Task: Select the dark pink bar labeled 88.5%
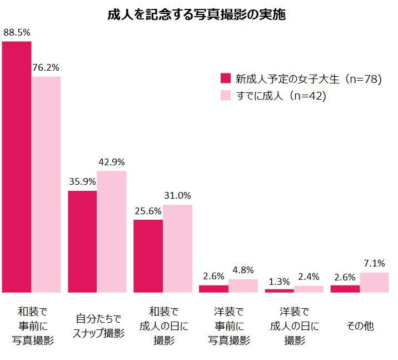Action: (17, 167)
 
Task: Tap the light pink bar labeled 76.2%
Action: (46, 184)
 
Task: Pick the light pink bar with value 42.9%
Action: (112, 231)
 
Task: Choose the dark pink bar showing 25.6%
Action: (148, 256)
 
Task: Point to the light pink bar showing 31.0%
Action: (177, 248)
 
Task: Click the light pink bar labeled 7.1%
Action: (374, 282)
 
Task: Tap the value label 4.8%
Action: (242, 270)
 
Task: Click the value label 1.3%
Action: (279, 280)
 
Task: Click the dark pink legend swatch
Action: (225, 79)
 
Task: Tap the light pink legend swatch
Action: (225, 96)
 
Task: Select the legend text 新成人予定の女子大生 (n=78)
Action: (308, 79)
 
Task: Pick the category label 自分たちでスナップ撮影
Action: (98, 326)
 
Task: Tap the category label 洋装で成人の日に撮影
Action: (294, 326)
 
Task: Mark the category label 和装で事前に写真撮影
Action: (32, 326)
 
